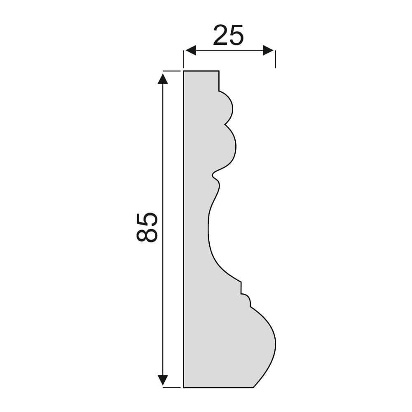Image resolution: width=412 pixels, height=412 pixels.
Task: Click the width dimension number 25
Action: click(x=228, y=35)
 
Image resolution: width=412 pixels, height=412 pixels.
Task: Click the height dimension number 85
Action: click(x=147, y=227)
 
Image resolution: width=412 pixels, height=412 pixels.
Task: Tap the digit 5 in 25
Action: click(x=236, y=35)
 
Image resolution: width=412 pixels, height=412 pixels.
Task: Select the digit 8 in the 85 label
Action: click(x=147, y=235)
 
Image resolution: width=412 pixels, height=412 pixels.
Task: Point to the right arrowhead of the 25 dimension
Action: click(x=269, y=50)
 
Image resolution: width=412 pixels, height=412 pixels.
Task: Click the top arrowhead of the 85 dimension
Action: click(x=163, y=78)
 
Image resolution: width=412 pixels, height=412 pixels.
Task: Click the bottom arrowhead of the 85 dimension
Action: click(x=163, y=380)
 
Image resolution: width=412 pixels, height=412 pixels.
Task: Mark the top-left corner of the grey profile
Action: click(x=184, y=71)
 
